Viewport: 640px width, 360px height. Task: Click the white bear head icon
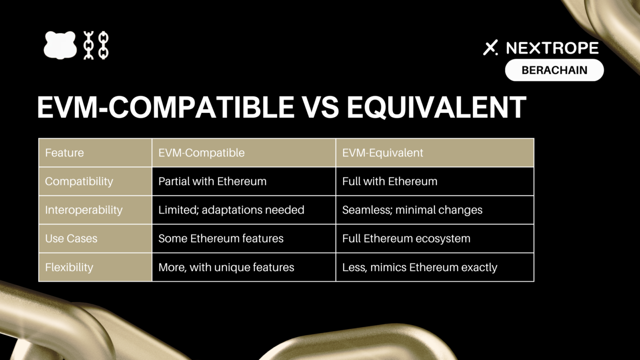coord(60,45)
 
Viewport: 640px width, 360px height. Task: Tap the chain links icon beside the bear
coord(96,45)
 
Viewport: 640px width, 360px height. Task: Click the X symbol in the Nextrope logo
coord(490,47)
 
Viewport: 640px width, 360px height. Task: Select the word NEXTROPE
coord(552,47)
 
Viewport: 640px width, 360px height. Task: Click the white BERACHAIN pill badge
coord(554,70)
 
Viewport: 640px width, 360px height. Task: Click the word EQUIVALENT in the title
coord(436,107)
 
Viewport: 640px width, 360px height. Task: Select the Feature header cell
coord(95,152)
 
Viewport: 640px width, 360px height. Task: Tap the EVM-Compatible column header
coord(243,152)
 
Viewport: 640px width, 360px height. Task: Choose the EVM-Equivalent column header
coord(435,152)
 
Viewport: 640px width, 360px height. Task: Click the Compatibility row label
coord(95,181)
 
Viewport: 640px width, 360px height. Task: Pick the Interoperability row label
coord(95,209)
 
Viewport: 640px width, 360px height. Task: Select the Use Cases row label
coord(95,238)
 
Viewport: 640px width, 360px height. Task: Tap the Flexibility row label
coord(95,267)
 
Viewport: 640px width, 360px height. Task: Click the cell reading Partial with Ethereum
coord(243,181)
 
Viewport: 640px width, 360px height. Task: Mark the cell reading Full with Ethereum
coord(435,181)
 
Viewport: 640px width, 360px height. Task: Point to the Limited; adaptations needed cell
coord(243,209)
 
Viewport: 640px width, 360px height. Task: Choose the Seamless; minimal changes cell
coord(435,209)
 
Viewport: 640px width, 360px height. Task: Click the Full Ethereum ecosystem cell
coord(435,238)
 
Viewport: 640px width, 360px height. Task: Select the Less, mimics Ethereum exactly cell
coord(435,267)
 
